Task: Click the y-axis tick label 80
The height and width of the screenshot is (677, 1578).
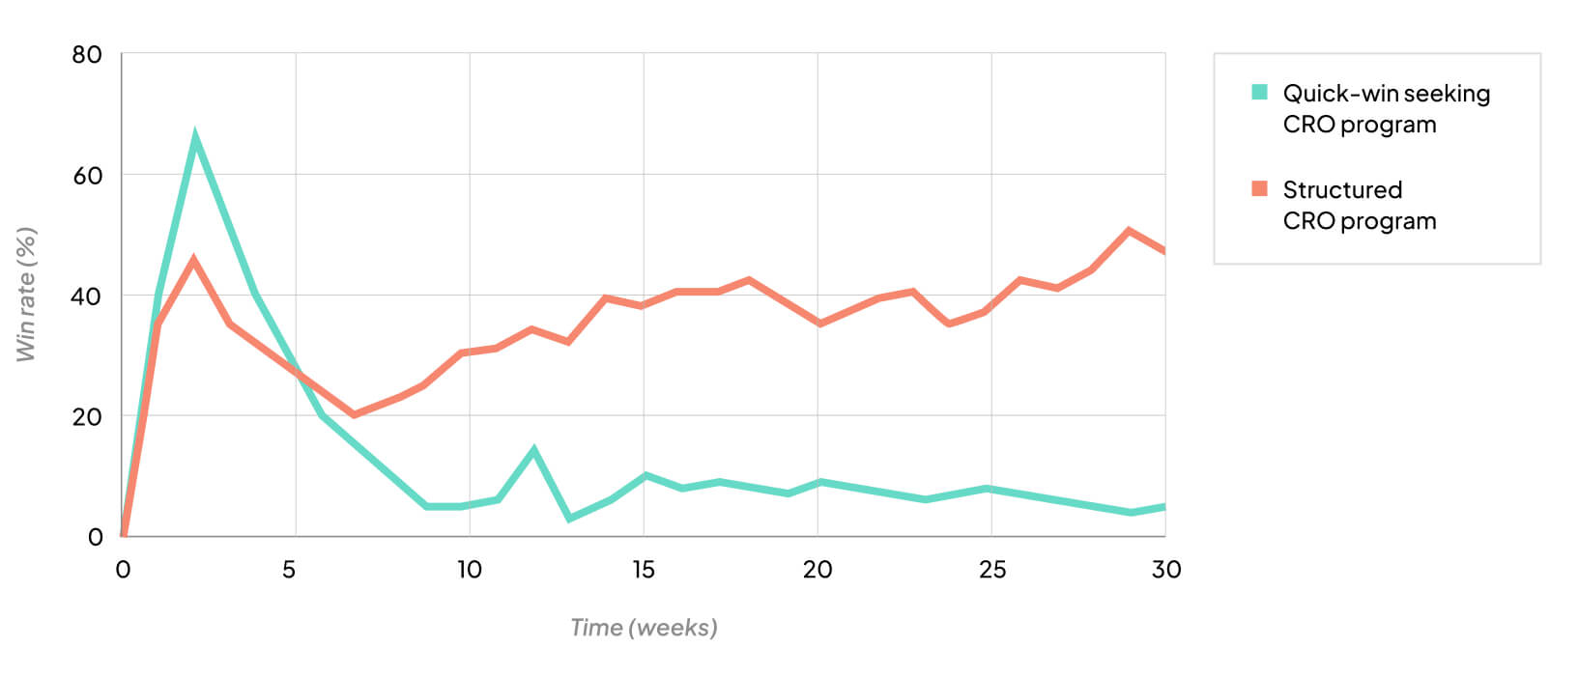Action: tap(87, 55)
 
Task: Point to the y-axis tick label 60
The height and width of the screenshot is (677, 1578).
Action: tap(87, 176)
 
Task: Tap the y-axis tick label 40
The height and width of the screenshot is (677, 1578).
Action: tap(87, 296)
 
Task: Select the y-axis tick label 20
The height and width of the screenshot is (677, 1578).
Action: tap(87, 417)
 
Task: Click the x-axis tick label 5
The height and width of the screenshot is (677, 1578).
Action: tap(289, 570)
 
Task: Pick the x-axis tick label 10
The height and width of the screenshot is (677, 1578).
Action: tap(470, 570)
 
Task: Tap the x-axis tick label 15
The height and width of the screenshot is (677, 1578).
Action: tap(644, 570)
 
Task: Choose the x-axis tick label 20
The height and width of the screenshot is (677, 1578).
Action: tap(818, 570)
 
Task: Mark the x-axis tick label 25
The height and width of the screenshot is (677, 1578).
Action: tap(992, 570)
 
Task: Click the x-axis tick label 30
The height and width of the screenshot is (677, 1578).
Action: tap(1166, 570)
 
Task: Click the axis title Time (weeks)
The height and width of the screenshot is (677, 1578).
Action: tap(644, 628)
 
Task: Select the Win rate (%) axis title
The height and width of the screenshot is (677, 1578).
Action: tap(26, 295)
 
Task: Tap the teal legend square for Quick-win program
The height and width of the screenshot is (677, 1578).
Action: tap(1259, 93)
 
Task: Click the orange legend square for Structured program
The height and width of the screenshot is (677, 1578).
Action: tap(1259, 188)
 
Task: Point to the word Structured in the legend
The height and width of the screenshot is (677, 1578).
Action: tap(1342, 189)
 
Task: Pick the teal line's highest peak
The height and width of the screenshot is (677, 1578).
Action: tap(195, 135)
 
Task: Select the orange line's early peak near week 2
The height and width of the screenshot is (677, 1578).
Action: tap(194, 259)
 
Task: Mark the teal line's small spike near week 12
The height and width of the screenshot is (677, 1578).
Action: tap(533, 449)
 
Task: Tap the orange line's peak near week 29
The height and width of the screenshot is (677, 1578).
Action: tap(1129, 230)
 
